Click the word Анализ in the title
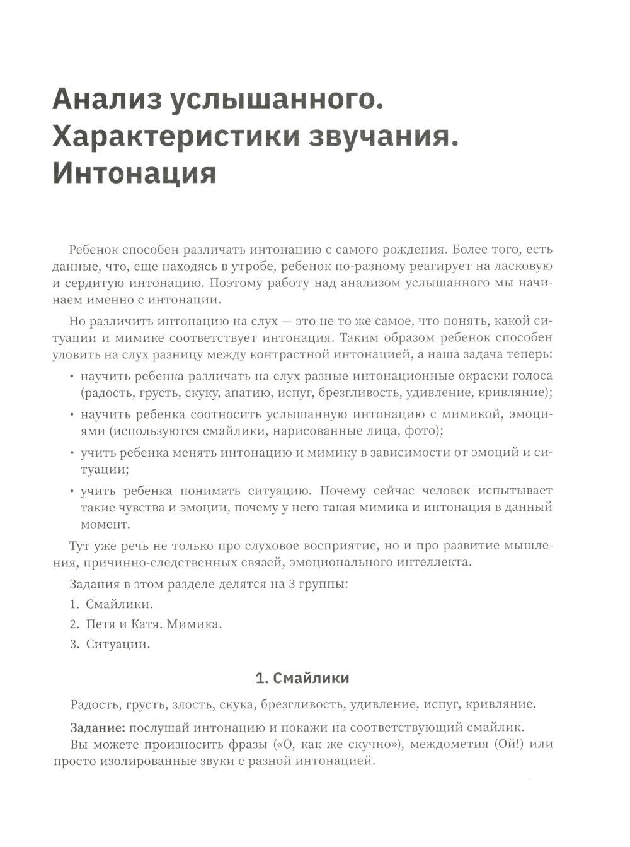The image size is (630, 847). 106,101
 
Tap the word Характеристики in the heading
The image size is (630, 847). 175,137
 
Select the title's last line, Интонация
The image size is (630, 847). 134,173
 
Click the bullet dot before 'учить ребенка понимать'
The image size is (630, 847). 71,491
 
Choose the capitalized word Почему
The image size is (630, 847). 346,491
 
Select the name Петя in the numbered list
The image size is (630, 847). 99,624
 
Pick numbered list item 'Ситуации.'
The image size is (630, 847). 118,645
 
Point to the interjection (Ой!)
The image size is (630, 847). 506,744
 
